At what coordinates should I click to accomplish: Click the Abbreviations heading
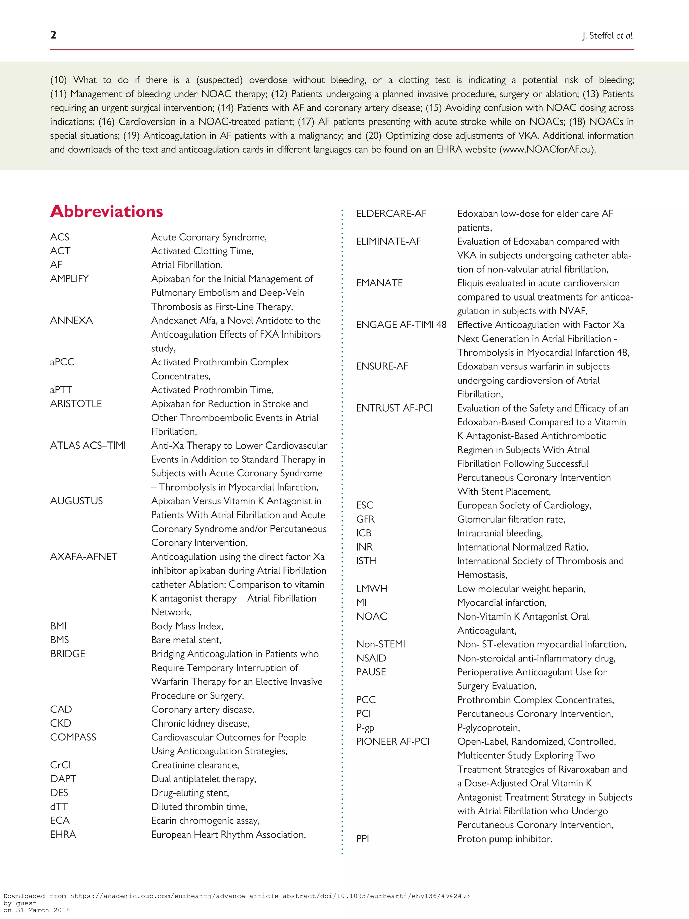107,211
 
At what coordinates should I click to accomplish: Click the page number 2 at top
53,35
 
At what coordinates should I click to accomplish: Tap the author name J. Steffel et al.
608,36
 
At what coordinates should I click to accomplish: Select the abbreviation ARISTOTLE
76,404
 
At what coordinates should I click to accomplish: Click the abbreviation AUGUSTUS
76,501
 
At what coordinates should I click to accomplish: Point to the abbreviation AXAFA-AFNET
84,557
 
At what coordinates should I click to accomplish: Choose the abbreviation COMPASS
73,737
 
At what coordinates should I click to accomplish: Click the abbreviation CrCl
61,765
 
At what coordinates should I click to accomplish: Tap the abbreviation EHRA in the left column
63,834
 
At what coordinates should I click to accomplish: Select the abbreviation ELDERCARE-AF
391,214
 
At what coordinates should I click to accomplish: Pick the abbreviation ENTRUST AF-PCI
394,408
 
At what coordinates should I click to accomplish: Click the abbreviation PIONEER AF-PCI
393,742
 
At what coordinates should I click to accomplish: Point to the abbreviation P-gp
365,728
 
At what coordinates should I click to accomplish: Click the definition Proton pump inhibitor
505,839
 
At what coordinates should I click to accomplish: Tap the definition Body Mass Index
187,626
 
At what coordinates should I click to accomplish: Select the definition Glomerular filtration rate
511,519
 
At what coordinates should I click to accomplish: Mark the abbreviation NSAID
371,658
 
